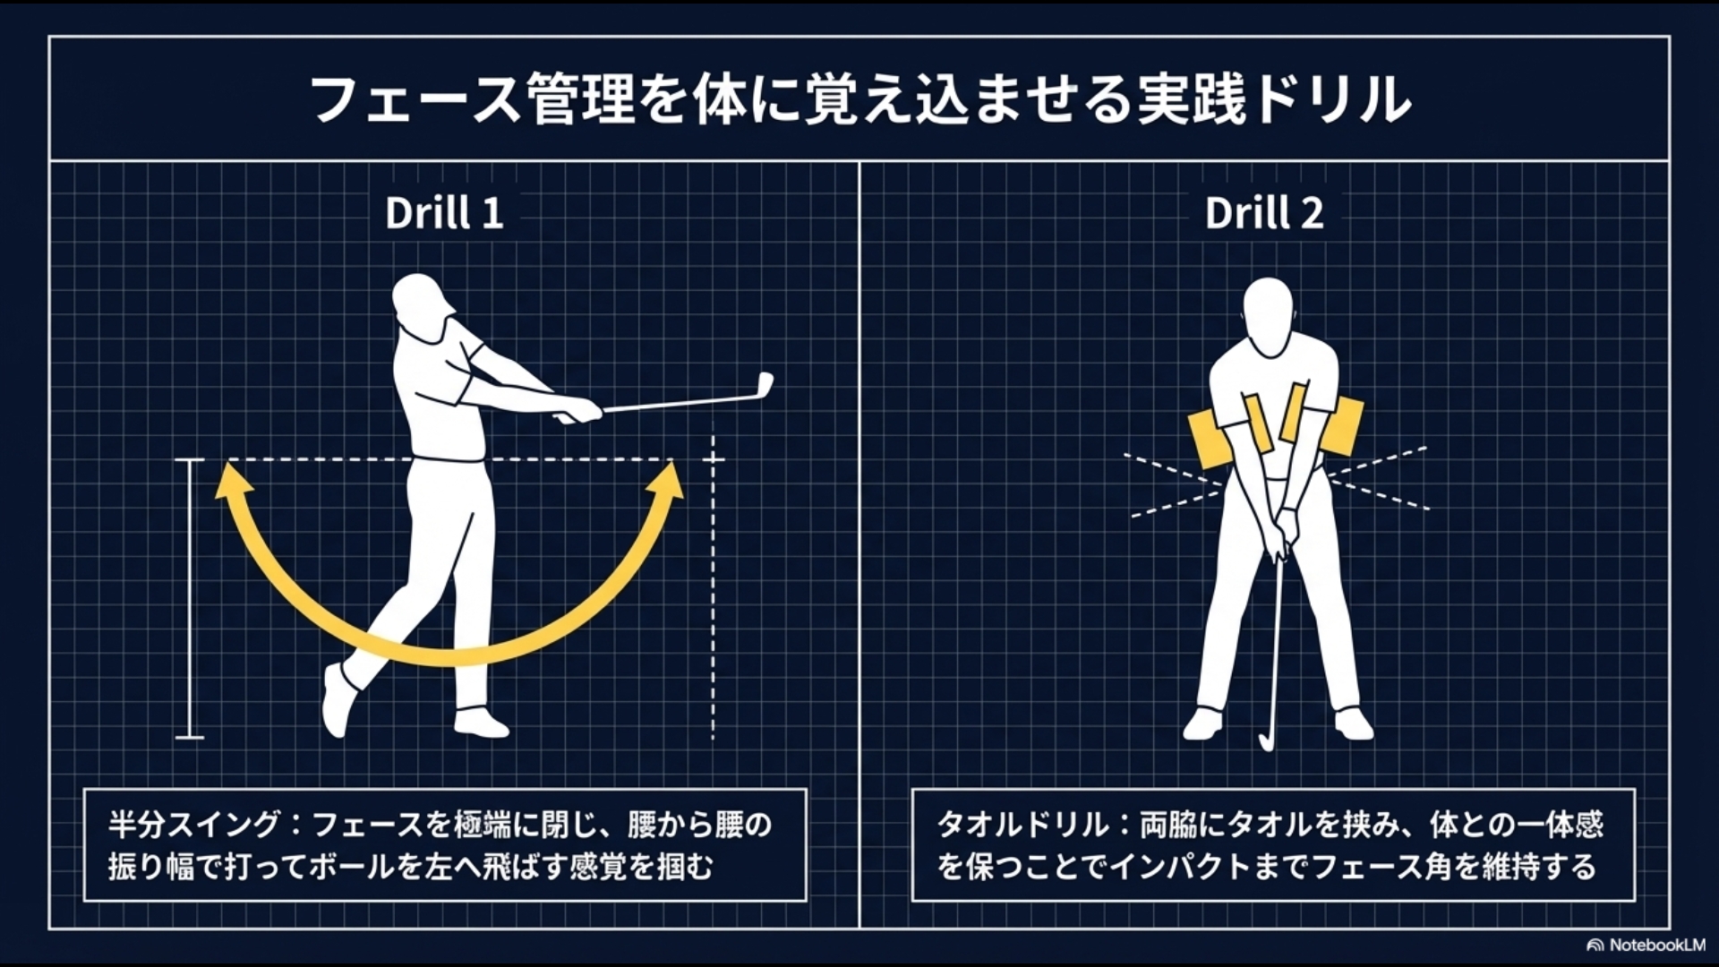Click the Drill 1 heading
tap(444, 213)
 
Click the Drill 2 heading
tap(1263, 213)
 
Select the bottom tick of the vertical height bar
tap(190, 737)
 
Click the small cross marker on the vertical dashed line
tap(713, 460)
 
